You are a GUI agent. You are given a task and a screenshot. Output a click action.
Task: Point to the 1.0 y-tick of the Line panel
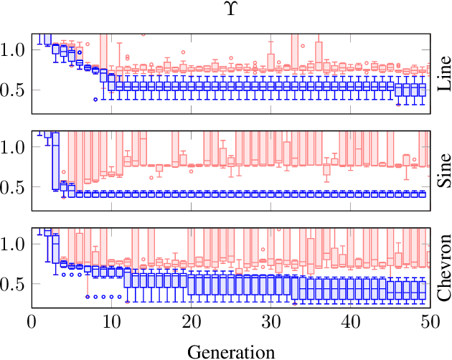pyautogui.click(x=14, y=49)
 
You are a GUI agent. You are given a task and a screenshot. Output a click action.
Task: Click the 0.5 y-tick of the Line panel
pyautogui.click(x=14, y=90)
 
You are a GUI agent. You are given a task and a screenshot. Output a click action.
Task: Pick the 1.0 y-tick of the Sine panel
pyautogui.click(x=14, y=146)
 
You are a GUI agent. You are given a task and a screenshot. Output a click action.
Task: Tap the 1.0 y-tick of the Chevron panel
pyautogui.click(x=14, y=244)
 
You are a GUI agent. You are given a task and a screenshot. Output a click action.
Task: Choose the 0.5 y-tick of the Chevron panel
pyautogui.click(x=14, y=284)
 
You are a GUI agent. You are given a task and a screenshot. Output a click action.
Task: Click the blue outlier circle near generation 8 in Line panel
pyautogui.click(x=95, y=100)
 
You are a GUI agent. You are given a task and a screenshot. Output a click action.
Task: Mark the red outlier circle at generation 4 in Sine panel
pyautogui.click(x=64, y=172)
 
